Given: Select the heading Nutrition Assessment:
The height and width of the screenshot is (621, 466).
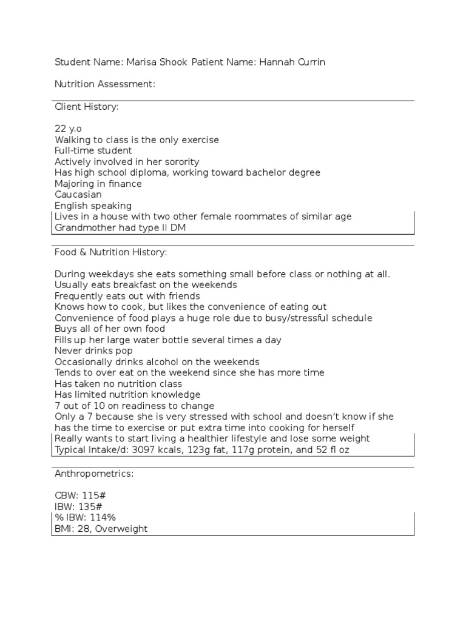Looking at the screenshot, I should pyautogui.click(x=105, y=84).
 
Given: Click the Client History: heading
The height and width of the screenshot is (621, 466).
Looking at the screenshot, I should pyautogui.click(x=87, y=107).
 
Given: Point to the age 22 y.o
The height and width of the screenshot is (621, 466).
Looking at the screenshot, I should pyautogui.click(x=69, y=129).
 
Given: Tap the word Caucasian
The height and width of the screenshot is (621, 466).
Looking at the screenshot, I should pyautogui.click(x=78, y=195).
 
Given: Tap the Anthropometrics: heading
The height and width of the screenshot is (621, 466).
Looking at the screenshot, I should pyautogui.click(x=93, y=473).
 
